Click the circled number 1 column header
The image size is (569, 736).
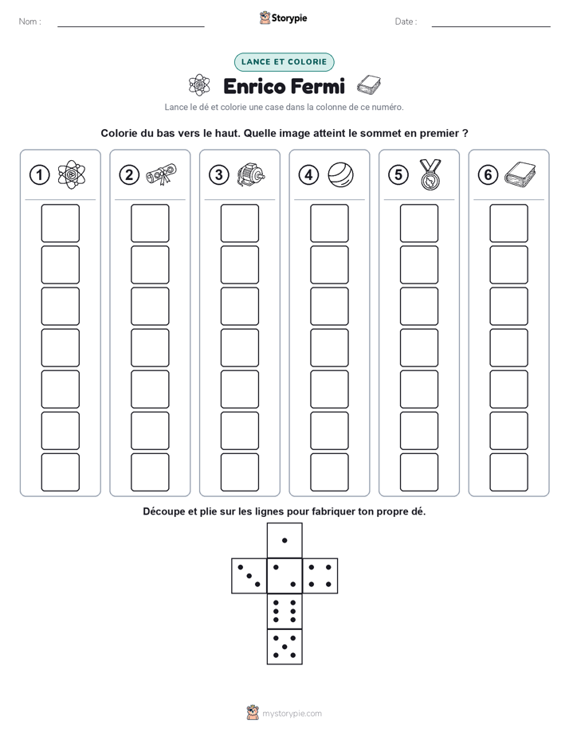click(39, 175)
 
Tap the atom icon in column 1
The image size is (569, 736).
click(72, 174)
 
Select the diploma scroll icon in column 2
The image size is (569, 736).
click(161, 174)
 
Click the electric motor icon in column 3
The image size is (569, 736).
click(251, 175)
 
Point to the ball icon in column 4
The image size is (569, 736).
click(340, 174)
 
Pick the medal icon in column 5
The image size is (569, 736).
click(430, 174)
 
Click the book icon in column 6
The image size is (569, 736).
click(520, 174)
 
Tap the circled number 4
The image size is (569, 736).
click(308, 175)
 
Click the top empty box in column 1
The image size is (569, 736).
click(60, 223)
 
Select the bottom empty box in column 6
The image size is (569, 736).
click(508, 472)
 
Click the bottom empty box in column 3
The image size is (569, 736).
click(239, 472)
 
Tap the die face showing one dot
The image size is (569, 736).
click(284, 540)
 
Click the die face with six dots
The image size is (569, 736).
click(284, 611)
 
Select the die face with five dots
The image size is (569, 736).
click(284, 647)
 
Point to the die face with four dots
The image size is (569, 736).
click(320, 576)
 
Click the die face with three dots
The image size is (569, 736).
click(249, 576)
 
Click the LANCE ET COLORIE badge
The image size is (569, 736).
click(284, 62)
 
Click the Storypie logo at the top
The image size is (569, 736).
click(283, 18)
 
